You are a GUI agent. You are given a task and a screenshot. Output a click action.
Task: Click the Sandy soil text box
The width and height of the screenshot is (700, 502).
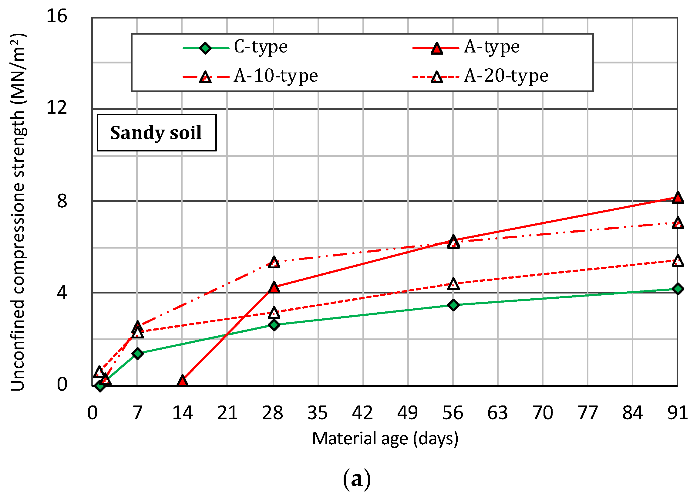[156, 133]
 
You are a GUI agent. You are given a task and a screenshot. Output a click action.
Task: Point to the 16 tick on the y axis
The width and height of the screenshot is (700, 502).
[57, 16]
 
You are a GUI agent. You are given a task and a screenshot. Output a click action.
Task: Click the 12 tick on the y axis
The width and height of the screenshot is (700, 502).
[57, 108]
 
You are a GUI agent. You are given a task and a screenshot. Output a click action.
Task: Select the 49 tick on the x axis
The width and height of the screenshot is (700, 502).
[407, 413]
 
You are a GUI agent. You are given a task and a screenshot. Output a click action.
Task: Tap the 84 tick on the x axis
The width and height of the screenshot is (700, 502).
[632, 413]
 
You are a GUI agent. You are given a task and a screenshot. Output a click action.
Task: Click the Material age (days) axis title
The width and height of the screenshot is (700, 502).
[385, 439]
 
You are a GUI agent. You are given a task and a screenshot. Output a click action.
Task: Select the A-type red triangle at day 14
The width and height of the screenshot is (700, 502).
[182, 381]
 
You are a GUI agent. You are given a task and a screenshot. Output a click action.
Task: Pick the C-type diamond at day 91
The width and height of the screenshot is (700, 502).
[677, 289]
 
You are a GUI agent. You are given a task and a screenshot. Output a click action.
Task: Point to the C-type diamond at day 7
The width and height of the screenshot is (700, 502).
[138, 353]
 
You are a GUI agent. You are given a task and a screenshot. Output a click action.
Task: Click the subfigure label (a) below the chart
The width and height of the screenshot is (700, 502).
[356, 479]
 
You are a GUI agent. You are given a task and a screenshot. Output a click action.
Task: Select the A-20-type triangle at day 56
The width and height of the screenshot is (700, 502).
[453, 284]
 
